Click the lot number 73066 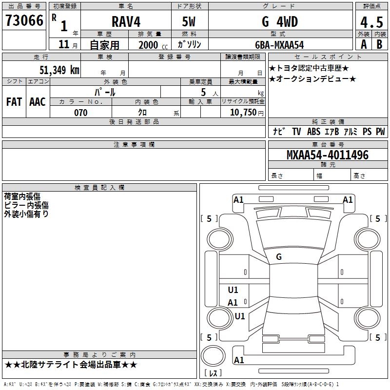(24, 21)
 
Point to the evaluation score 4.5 (371, 22)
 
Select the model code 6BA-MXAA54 (279, 44)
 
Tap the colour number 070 (81, 113)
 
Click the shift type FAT (14, 101)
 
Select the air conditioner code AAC (38, 101)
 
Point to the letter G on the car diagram (279, 256)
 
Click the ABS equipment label (313, 132)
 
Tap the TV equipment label (296, 132)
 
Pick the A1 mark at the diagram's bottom (239, 360)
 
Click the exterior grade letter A (363, 44)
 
